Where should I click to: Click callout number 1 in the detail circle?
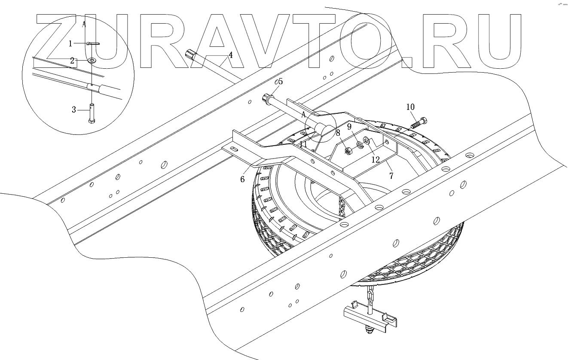(70, 43)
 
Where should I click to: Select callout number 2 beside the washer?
(73, 61)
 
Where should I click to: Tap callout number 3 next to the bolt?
(74, 110)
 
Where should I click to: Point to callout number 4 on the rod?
(231, 55)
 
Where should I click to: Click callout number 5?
(281, 81)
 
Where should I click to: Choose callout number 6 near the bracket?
(242, 179)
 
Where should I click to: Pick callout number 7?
(391, 175)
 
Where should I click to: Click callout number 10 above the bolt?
(410, 107)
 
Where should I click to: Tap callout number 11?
(304, 144)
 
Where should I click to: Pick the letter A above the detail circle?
(84, 24)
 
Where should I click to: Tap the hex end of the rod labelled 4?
(191, 55)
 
